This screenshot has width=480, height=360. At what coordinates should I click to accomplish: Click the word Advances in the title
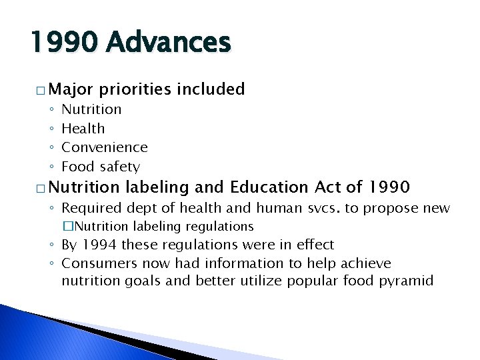pyautogui.click(x=168, y=43)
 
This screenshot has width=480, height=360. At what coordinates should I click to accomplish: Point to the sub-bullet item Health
pyautogui.click(x=83, y=128)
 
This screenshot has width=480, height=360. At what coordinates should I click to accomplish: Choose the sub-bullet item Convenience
pyautogui.click(x=105, y=147)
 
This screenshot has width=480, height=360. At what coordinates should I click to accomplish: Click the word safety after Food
pyautogui.click(x=120, y=167)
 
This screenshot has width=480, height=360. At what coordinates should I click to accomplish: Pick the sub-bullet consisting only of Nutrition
pyautogui.click(x=91, y=109)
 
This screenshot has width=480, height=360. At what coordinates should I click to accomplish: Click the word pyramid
pyautogui.click(x=407, y=281)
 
